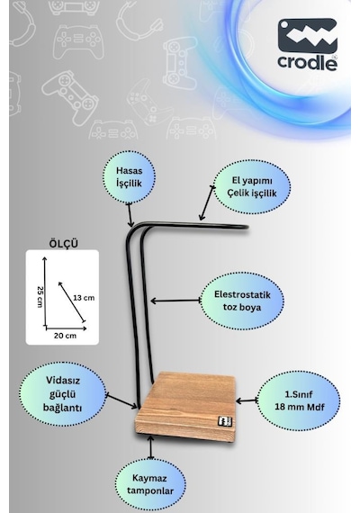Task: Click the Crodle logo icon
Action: point(307,36)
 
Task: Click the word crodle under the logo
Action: point(307,62)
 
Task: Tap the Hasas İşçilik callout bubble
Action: point(129,177)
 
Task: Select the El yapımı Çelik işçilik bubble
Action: point(252,187)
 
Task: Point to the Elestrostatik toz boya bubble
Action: point(242,301)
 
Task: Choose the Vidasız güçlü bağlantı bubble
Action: point(63,394)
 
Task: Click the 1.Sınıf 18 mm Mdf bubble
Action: point(299,400)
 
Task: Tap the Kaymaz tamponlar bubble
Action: point(150,484)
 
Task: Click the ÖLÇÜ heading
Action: point(64,244)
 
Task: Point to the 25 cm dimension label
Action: point(40,297)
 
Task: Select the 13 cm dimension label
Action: point(84,298)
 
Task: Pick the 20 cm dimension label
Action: point(65,336)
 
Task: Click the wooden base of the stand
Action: point(186,408)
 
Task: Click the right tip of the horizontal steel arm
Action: point(247,227)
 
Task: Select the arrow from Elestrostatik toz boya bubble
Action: point(175,301)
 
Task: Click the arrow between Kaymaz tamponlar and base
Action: point(150,447)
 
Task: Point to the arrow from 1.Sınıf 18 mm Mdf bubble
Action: point(247,400)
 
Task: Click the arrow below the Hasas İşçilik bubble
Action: point(130,214)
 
